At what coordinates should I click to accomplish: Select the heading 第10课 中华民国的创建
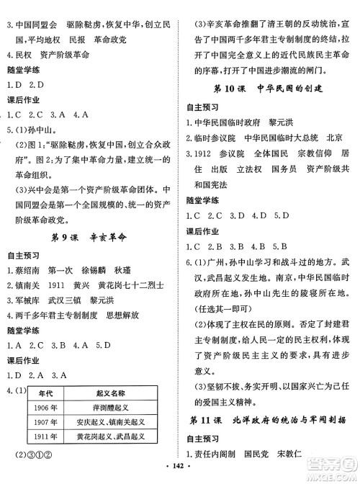point(270,89)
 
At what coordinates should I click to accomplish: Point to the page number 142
point(180,476)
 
